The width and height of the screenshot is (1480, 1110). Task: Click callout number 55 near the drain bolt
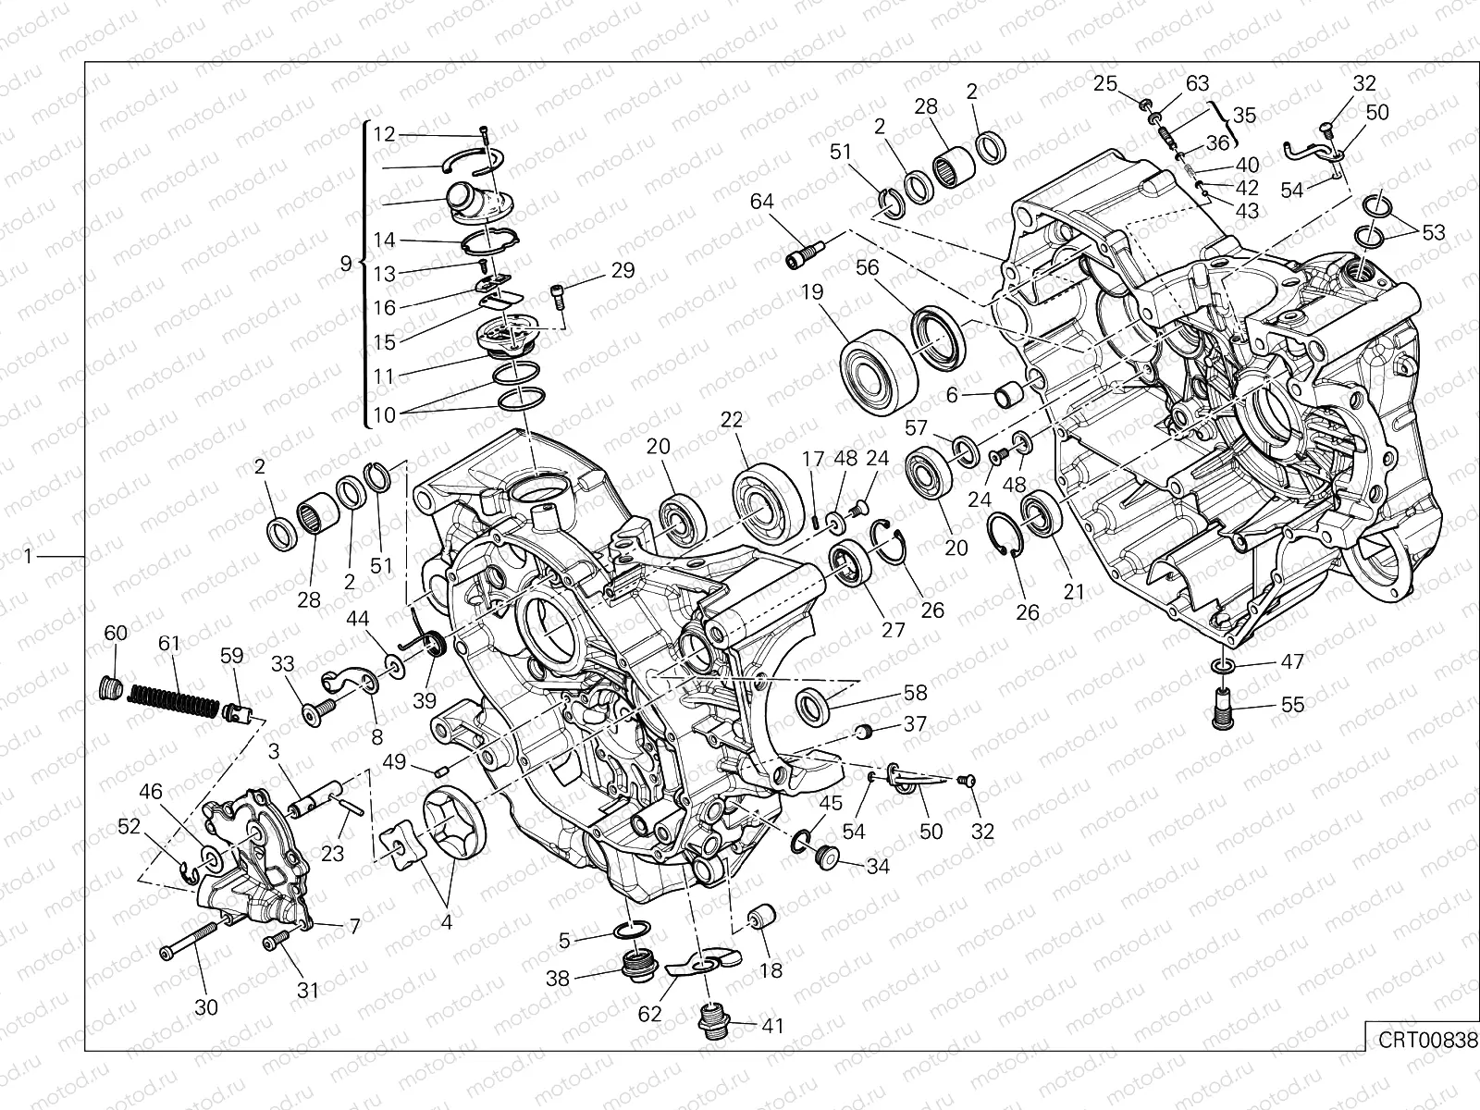1292,705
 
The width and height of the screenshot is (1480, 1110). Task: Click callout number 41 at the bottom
772,1025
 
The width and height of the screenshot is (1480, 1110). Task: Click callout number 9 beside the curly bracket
346,264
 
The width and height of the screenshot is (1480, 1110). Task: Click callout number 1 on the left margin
30,555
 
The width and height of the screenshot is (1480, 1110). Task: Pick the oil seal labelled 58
814,706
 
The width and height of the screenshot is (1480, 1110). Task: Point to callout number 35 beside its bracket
1244,115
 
